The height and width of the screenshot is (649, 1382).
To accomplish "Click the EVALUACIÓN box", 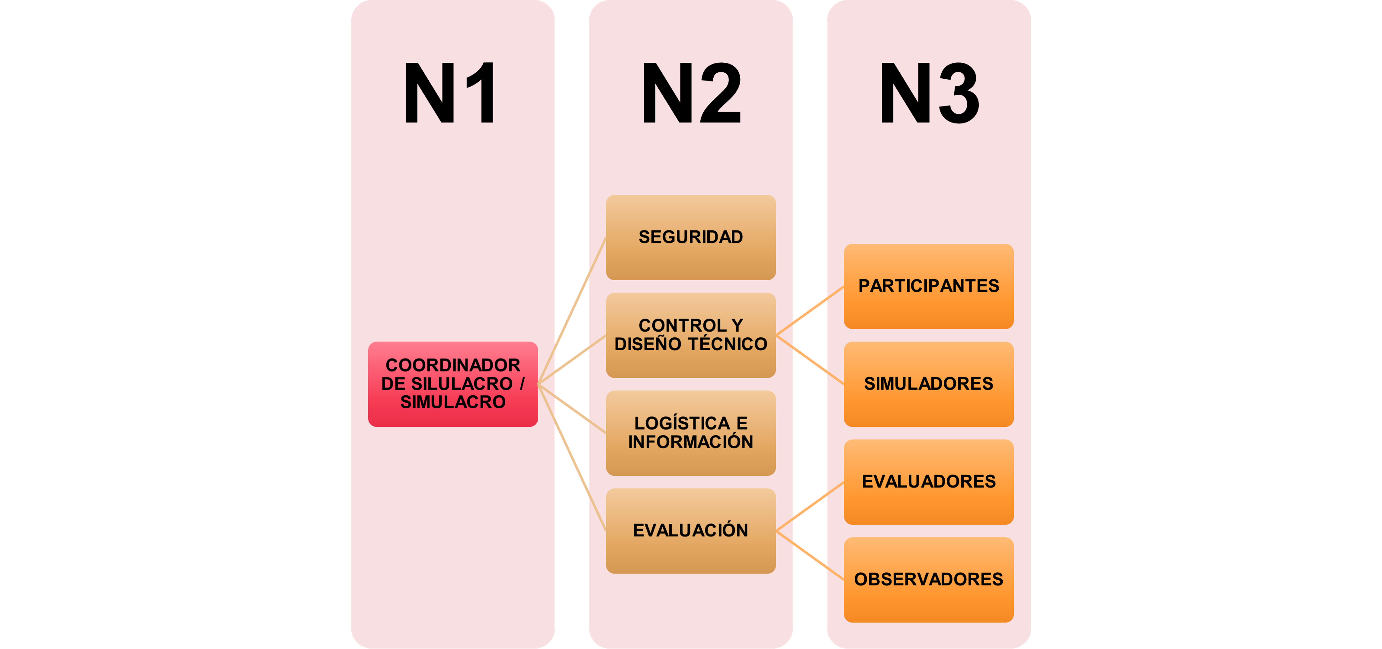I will tap(690, 530).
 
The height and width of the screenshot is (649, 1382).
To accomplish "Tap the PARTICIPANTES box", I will tap(928, 286).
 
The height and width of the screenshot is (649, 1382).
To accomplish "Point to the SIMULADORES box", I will tap(928, 384).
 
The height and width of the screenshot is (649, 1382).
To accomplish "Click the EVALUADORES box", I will tap(928, 481).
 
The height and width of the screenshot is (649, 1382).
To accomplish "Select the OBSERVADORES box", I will tap(928, 579).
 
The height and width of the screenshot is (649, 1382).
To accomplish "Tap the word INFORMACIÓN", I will tap(690, 442).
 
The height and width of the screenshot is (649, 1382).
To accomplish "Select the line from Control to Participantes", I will tap(810, 311).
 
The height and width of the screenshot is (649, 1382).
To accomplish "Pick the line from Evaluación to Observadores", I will tap(810, 555).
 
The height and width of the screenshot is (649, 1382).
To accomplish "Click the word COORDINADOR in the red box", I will tap(453, 366).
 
